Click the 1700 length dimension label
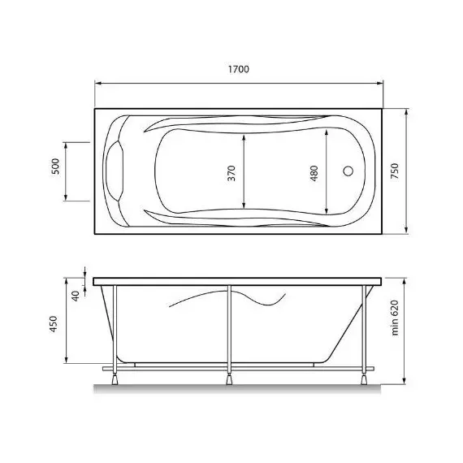click(x=238, y=71)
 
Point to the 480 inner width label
click(x=314, y=173)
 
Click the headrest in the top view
click(x=117, y=171)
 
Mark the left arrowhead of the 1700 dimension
click(x=99, y=83)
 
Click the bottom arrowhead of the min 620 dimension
click(x=405, y=382)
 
